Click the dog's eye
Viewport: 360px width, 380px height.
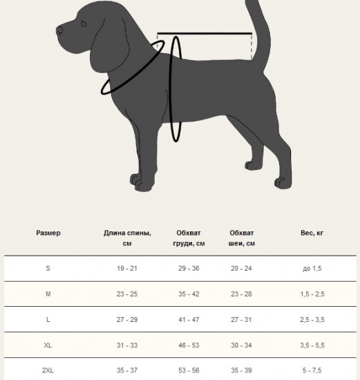84,23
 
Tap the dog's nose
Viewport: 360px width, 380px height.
59,31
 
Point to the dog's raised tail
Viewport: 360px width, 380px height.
259,34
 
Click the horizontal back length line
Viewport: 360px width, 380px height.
205,33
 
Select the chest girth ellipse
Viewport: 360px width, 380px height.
171,88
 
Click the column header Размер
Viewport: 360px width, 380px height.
48,233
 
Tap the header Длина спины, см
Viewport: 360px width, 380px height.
127,238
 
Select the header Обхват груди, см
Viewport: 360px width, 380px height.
189,238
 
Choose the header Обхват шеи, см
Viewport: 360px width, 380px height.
242,238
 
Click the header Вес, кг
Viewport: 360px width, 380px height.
312,233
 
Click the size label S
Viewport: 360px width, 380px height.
48,268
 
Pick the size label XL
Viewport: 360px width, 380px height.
48,345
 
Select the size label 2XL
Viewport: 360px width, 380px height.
48,370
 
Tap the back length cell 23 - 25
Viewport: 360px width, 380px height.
127,294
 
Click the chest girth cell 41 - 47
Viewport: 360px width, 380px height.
189,320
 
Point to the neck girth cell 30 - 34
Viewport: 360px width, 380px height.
241,345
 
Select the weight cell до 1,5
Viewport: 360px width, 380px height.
312,268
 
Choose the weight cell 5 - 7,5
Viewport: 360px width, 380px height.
312,370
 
